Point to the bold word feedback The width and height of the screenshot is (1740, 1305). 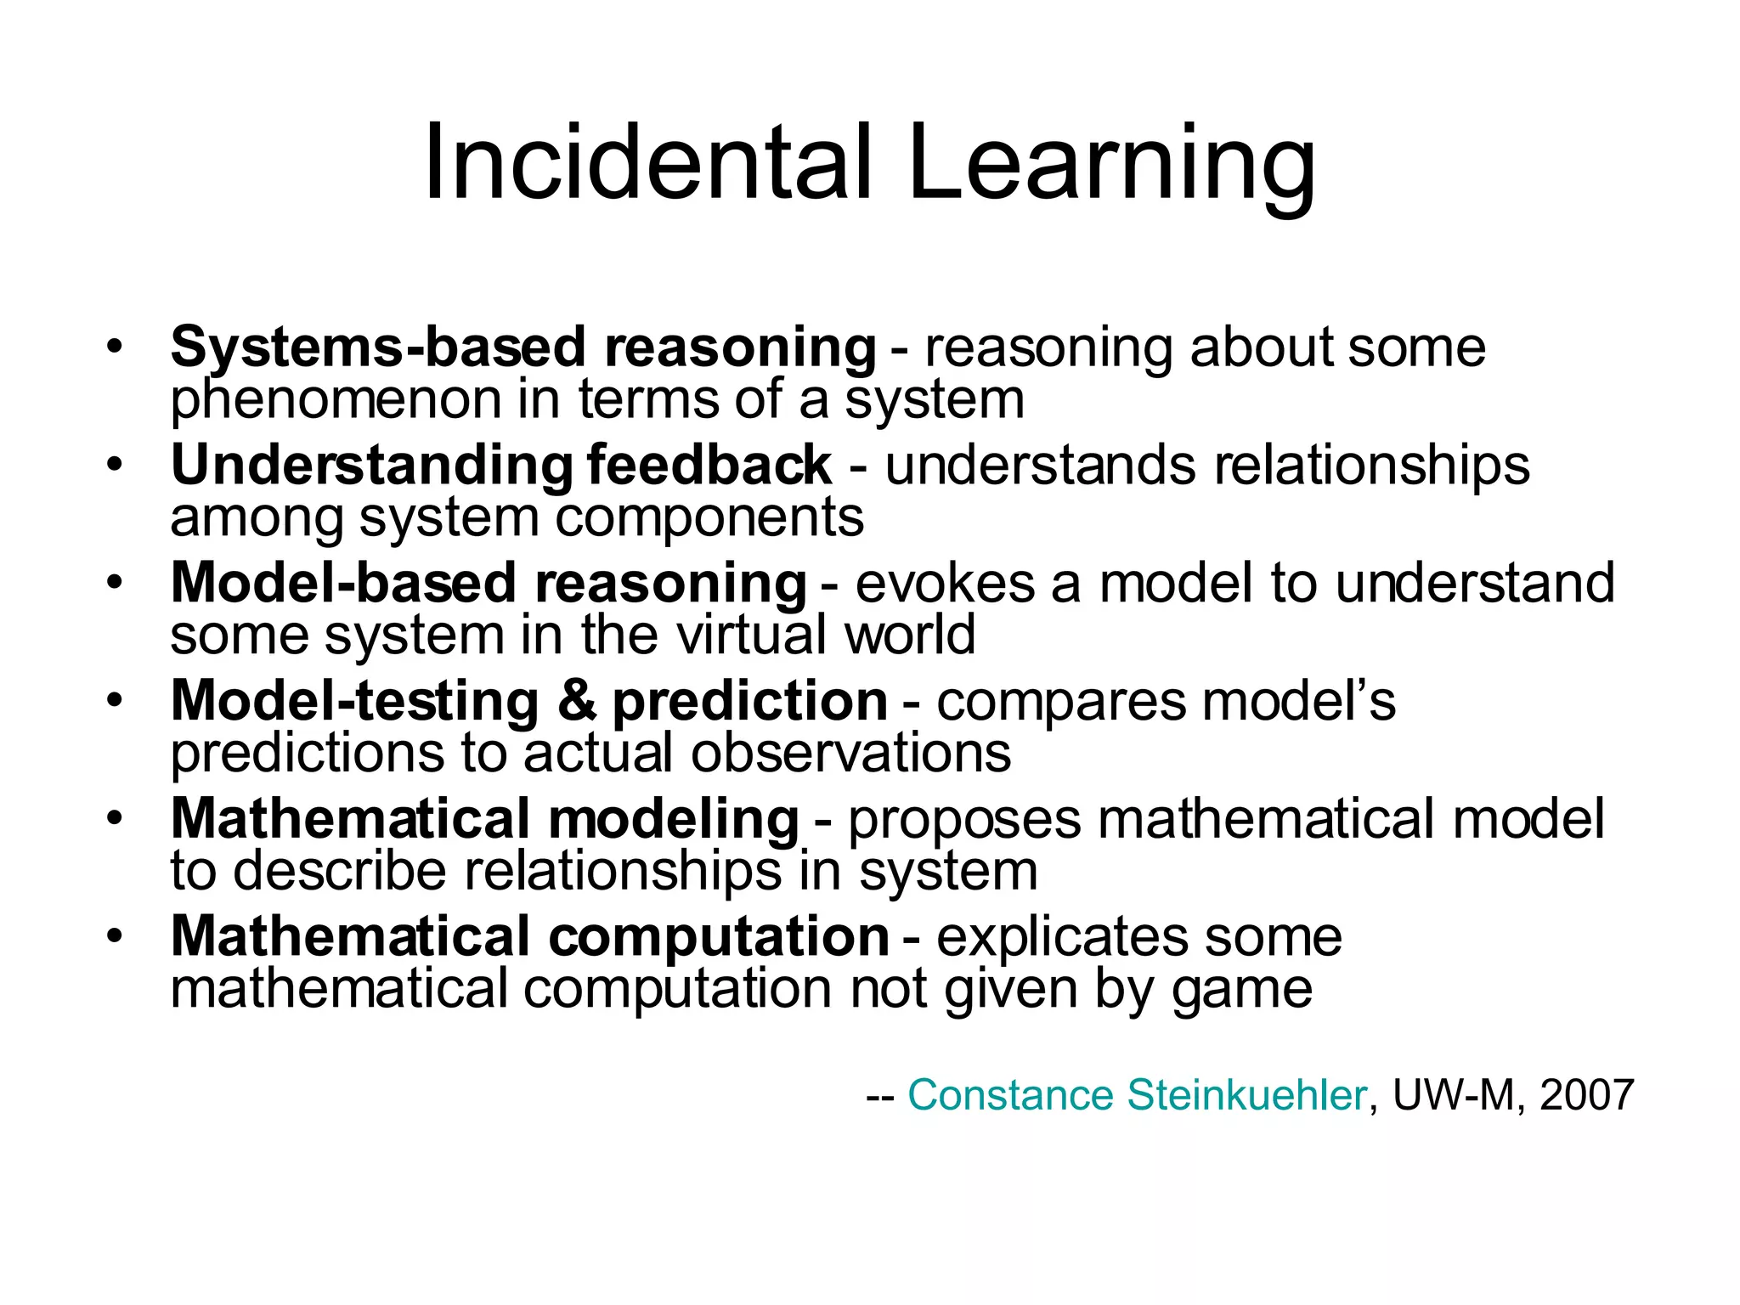click(x=709, y=466)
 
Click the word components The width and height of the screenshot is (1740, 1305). click(x=709, y=517)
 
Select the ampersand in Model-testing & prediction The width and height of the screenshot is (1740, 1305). click(x=577, y=701)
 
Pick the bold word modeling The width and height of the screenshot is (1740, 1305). click(x=673, y=819)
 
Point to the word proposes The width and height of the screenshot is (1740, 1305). click(x=964, y=821)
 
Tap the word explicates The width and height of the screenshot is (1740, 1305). click(x=1062, y=937)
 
